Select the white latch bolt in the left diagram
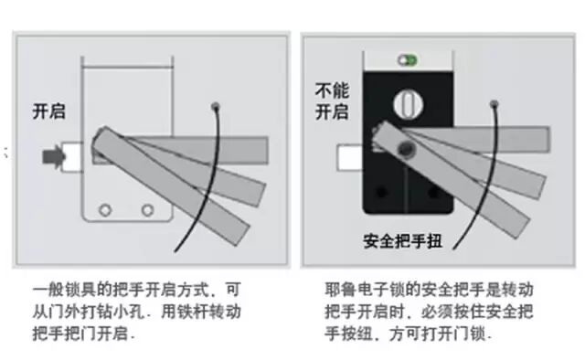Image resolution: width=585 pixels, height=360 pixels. pyautogui.click(x=76, y=157)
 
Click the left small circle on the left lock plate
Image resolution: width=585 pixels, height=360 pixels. pyautogui.click(x=105, y=210)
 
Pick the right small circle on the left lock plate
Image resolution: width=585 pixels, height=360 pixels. pyautogui.click(x=146, y=210)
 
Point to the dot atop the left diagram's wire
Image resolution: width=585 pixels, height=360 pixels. pyautogui.click(x=215, y=105)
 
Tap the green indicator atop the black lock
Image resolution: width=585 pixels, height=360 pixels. pyautogui.click(x=407, y=59)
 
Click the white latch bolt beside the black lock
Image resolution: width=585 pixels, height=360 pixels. pyautogui.click(x=349, y=158)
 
